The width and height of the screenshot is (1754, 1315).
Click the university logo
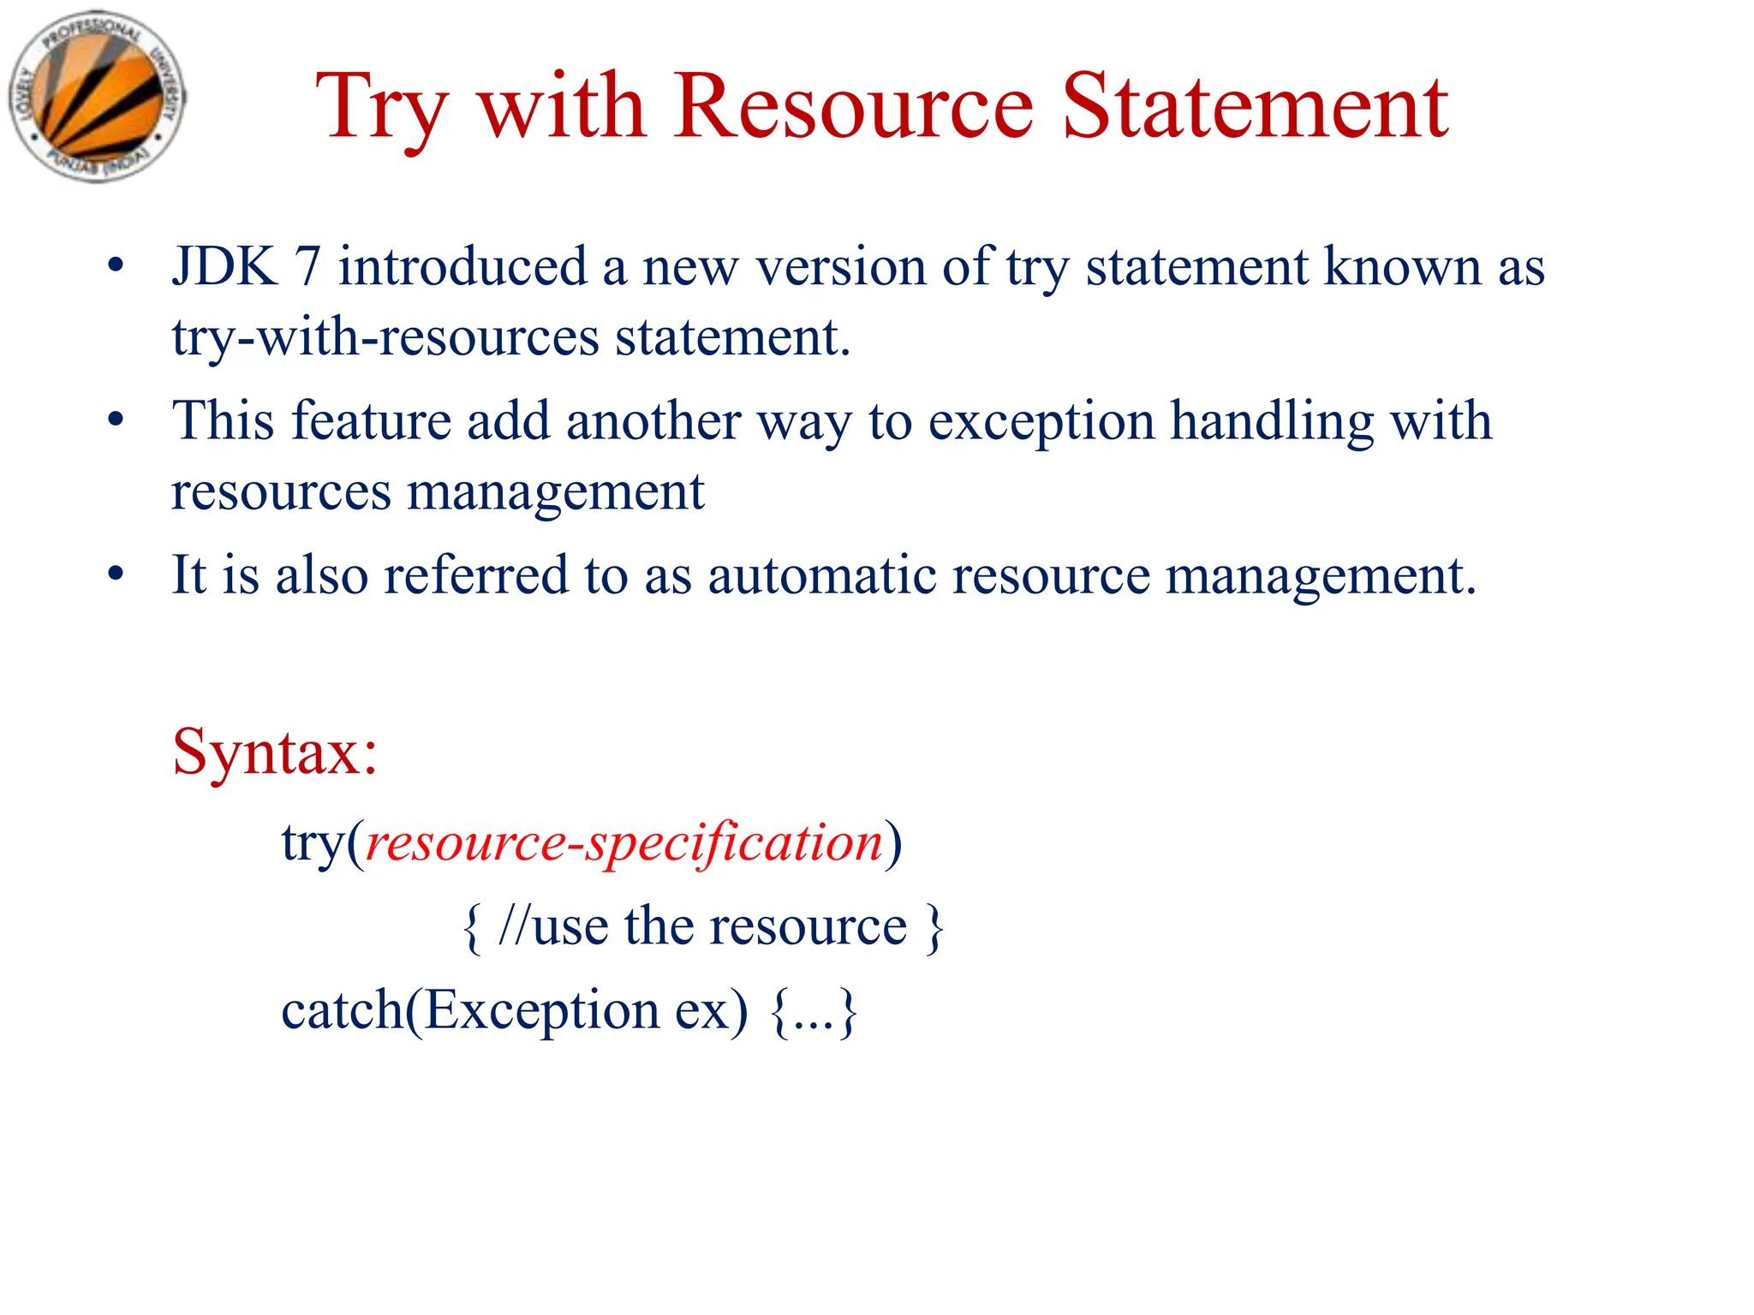click(x=96, y=98)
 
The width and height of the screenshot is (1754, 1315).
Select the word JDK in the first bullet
click(x=224, y=266)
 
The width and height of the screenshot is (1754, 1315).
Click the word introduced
click(x=462, y=266)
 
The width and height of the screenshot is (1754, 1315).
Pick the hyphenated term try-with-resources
click(x=385, y=336)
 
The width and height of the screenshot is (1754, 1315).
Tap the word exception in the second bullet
click(x=1041, y=422)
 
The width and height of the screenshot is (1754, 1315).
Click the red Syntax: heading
click(x=275, y=752)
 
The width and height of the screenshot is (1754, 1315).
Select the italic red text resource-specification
click(x=624, y=843)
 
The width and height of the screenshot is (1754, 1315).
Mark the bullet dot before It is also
click(x=116, y=574)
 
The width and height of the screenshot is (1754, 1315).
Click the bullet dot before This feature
click(x=116, y=420)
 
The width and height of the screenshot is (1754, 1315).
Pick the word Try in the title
click(x=381, y=110)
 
